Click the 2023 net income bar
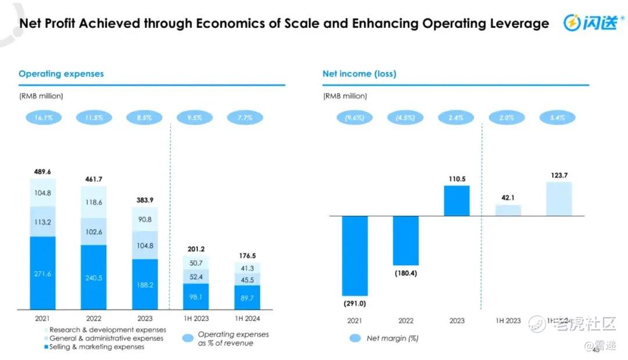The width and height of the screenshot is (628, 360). (456, 201)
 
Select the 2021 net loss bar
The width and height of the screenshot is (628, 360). (355, 256)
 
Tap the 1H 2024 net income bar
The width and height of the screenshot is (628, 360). (558, 199)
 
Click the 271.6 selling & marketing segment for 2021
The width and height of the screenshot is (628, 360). (42, 273)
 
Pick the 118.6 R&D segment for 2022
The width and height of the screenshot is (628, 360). (94, 202)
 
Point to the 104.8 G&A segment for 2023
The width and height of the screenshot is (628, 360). (145, 245)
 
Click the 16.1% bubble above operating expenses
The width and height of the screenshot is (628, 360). (42, 117)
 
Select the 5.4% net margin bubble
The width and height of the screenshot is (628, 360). (558, 117)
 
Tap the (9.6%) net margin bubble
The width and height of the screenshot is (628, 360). (355, 117)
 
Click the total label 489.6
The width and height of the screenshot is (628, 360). (42, 172)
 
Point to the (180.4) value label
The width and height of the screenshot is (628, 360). (406, 273)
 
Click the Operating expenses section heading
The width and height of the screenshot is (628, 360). (61, 74)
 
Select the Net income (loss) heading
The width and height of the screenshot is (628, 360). (359, 74)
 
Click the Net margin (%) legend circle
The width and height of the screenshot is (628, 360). (355, 338)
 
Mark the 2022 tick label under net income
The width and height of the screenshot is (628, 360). (406, 320)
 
